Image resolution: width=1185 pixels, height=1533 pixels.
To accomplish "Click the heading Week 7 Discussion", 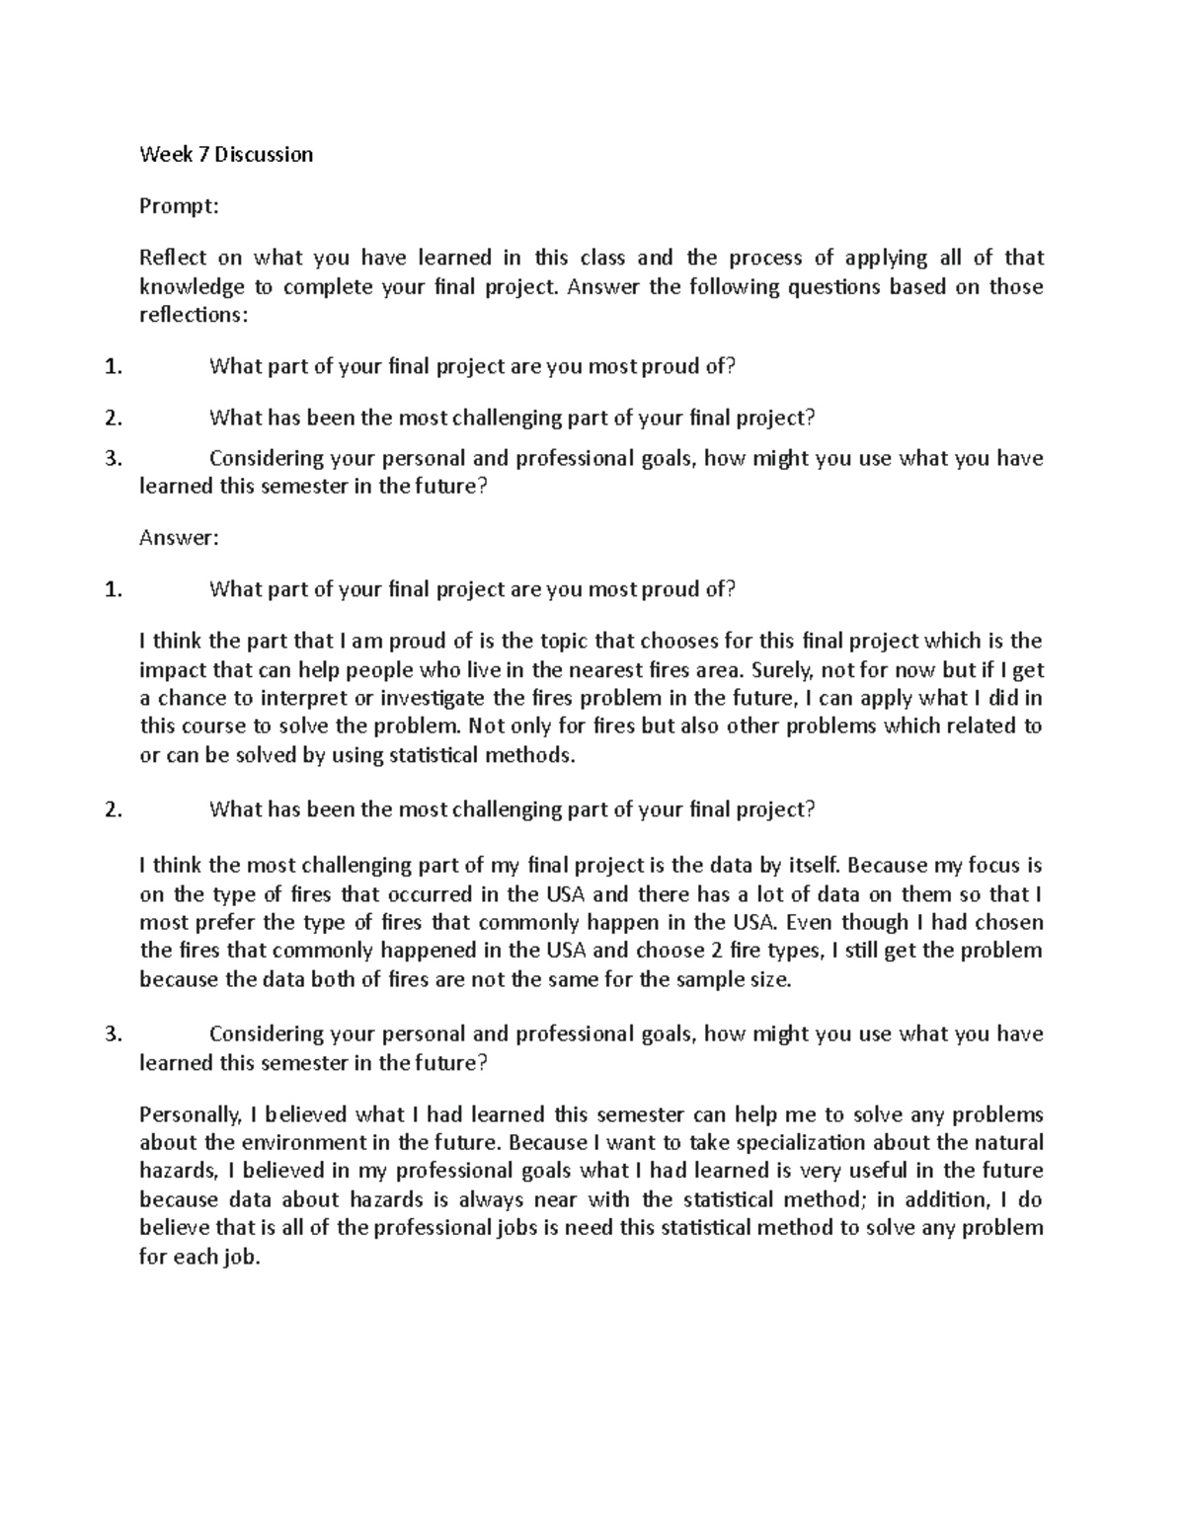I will (x=226, y=154).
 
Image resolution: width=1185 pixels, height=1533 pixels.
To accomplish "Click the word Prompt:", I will (x=178, y=206).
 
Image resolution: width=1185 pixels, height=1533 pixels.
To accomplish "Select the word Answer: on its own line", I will (x=178, y=538).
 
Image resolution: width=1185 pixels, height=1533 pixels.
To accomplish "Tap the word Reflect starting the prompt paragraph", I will (x=173, y=258).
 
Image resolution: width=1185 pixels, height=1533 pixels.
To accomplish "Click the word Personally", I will (x=190, y=1115).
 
